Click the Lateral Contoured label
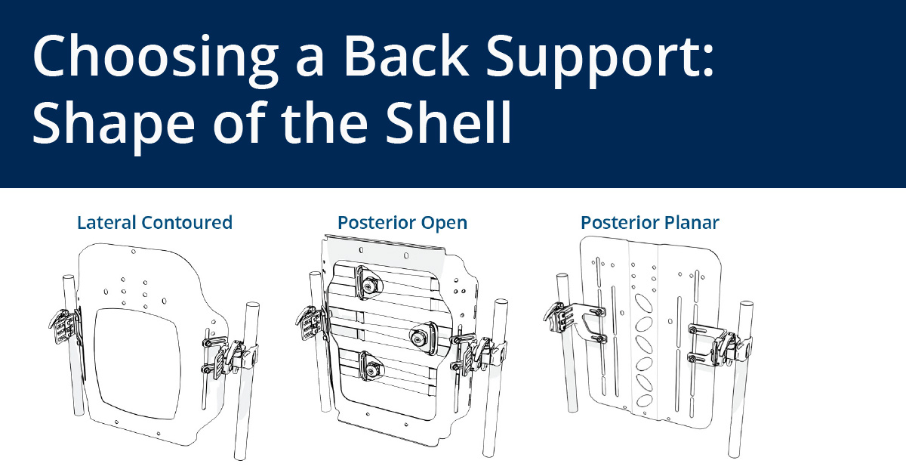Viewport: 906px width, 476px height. (x=155, y=223)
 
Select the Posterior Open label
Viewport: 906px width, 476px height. (x=402, y=223)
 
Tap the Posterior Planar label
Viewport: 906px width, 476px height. (x=649, y=223)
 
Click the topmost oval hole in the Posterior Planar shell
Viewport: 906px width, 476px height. (x=643, y=306)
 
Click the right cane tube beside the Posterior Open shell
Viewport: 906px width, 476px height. (x=501, y=378)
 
